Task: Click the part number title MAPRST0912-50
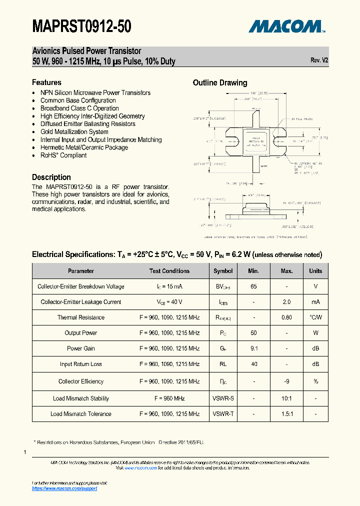click(81, 26)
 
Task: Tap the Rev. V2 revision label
click(319, 60)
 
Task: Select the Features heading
click(46, 82)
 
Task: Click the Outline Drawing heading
click(220, 83)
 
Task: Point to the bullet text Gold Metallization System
click(74, 132)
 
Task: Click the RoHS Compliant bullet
click(63, 155)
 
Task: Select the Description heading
click(51, 177)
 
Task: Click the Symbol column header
click(223, 271)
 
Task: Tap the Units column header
click(315, 271)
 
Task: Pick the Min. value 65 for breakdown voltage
click(254, 286)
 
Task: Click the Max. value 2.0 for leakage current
click(286, 302)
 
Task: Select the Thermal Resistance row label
click(81, 317)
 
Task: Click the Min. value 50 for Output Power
click(254, 333)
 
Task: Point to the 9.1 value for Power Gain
click(254, 348)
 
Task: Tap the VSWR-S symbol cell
click(223, 398)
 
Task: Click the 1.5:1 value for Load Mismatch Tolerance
click(286, 414)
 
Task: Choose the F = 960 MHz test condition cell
click(169, 398)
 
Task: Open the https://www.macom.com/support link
click(64, 488)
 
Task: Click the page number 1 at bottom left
click(24, 452)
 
